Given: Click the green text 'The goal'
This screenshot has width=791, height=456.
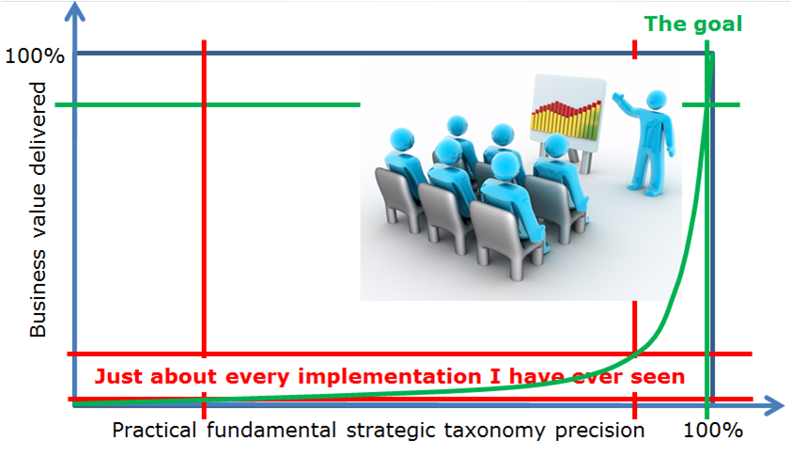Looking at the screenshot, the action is pos(693,24).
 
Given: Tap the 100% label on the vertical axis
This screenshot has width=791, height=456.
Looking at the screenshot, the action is pos(35,55).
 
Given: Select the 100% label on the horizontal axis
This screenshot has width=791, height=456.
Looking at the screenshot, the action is pos(713,431).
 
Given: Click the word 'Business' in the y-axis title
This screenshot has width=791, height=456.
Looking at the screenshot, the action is pos(38,293).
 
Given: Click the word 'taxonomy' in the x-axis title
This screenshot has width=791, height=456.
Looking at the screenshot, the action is pos(495,432).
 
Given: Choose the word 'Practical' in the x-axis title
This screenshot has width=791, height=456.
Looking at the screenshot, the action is pos(154,431).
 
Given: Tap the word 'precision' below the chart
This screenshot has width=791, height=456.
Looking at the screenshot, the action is pos(599,432).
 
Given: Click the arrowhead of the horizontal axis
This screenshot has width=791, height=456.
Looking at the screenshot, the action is pos(774,405).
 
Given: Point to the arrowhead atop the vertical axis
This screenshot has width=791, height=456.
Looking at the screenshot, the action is pos(74,11).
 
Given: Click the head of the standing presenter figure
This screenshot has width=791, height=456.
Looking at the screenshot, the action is pos(657,100).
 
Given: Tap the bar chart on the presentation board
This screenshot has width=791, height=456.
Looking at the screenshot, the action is pos(566,119).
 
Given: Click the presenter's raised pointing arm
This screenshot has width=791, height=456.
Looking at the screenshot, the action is pos(628,105).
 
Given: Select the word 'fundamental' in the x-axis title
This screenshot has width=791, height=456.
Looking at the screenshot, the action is pos(271,431).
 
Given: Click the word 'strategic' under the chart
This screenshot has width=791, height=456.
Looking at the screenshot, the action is pos(391,432).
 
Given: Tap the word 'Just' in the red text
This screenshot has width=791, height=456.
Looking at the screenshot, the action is pos(119,377).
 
